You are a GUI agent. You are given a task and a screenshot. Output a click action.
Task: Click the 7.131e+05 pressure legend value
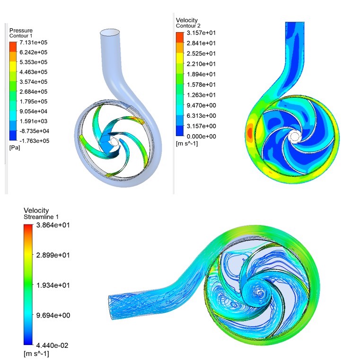[x=33, y=43]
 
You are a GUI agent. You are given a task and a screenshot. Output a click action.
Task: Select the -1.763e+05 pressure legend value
[x=34, y=141]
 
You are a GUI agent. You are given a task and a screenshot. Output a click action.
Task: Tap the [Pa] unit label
[x=15, y=147]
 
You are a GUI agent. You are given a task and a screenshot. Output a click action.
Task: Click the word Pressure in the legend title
[x=21, y=30]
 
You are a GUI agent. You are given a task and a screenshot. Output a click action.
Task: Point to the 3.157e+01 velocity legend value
[x=201, y=33]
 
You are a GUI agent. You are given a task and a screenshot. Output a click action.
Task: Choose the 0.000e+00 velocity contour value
[x=201, y=137]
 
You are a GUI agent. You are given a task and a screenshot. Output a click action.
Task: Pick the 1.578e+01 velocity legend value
[x=201, y=85]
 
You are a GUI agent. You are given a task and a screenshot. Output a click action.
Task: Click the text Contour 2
[x=188, y=26]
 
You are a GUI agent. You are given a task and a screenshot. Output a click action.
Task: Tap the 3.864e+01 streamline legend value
[x=53, y=225]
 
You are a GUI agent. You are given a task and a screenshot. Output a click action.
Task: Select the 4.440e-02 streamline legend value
[x=52, y=345]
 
